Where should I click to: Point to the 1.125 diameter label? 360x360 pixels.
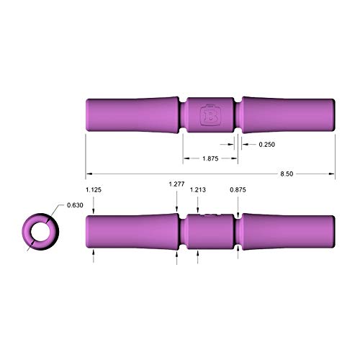(x=92, y=189)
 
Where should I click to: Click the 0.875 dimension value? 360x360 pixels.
(x=238, y=189)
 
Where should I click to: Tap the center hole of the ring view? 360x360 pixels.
(x=39, y=231)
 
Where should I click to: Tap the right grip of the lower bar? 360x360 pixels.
(x=288, y=231)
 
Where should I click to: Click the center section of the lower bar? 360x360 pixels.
(x=209, y=231)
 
